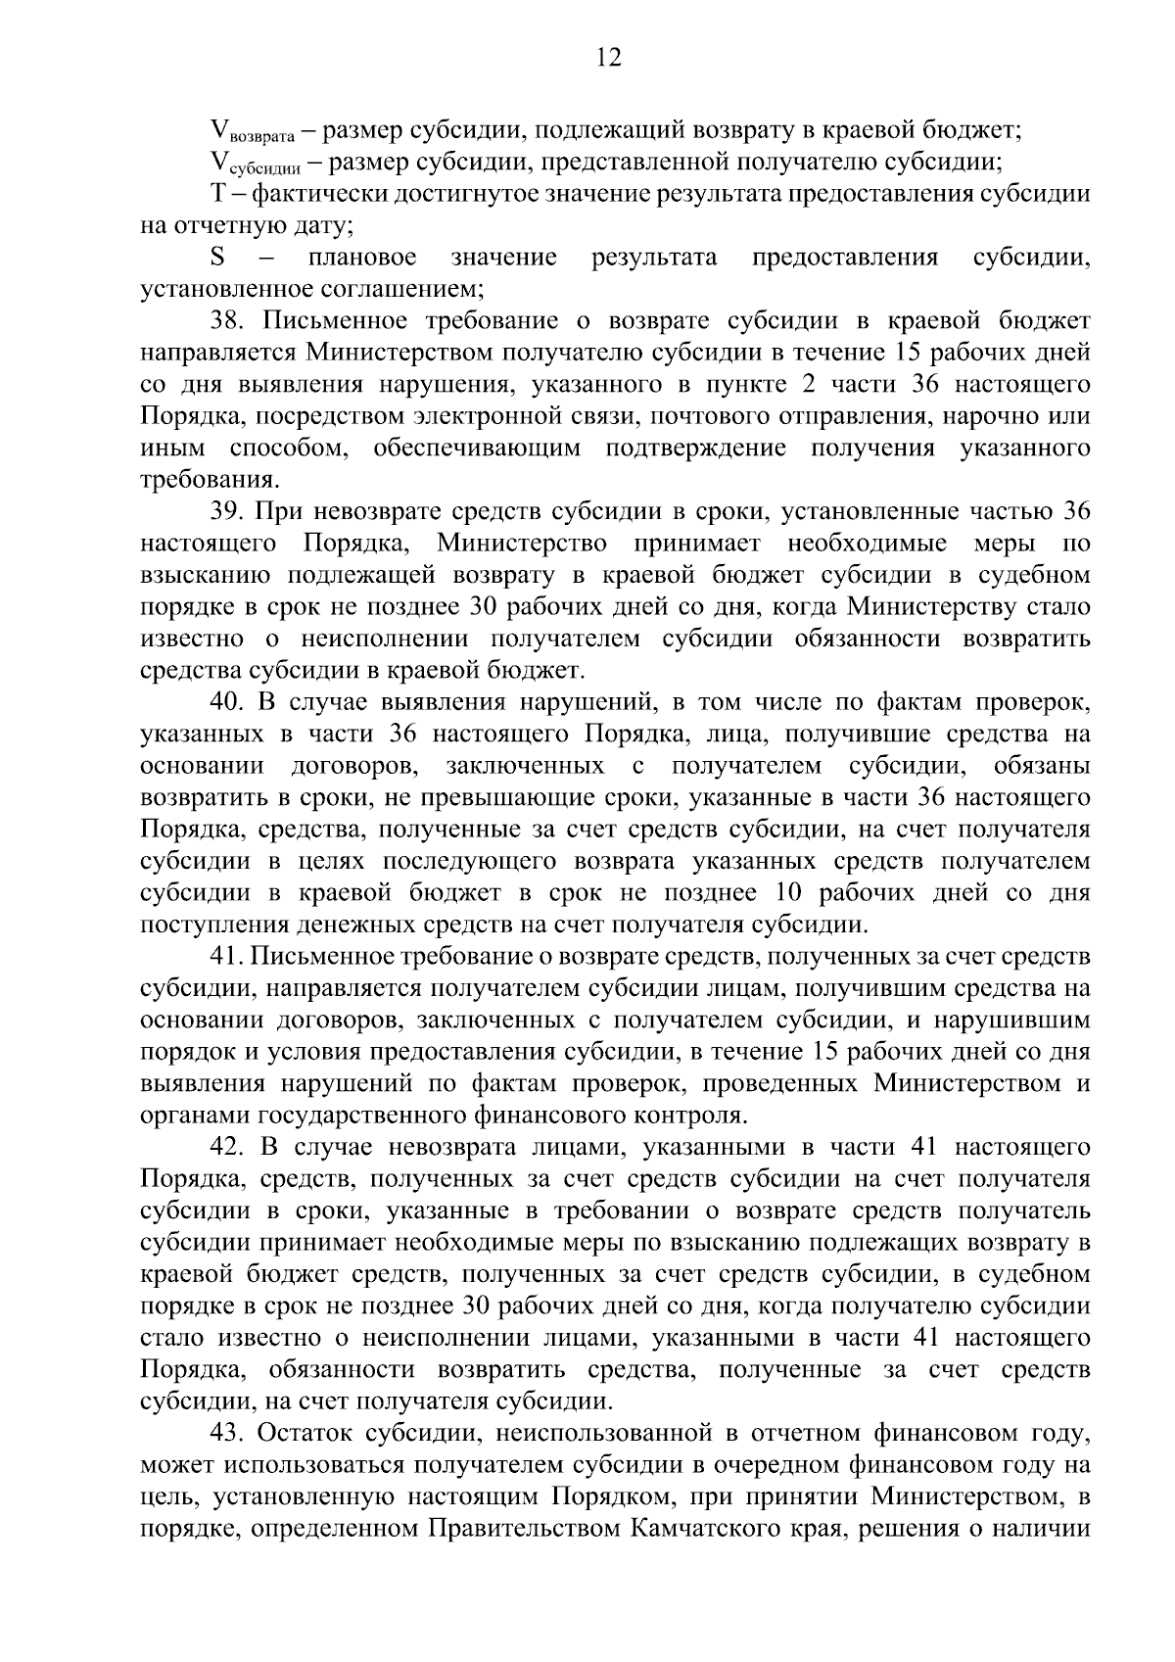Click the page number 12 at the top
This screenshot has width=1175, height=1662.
pyautogui.click(x=608, y=58)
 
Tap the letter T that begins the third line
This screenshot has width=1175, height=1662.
pyautogui.click(x=217, y=193)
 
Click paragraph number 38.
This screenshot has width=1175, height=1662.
pyautogui.click(x=230, y=321)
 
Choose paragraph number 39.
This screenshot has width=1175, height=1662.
pyautogui.click(x=230, y=511)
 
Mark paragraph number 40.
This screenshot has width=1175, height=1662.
pyautogui.click(x=230, y=701)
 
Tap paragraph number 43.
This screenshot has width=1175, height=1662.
pyautogui.click(x=230, y=1432)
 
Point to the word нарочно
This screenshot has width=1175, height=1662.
pyautogui.click(x=990, y=416)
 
